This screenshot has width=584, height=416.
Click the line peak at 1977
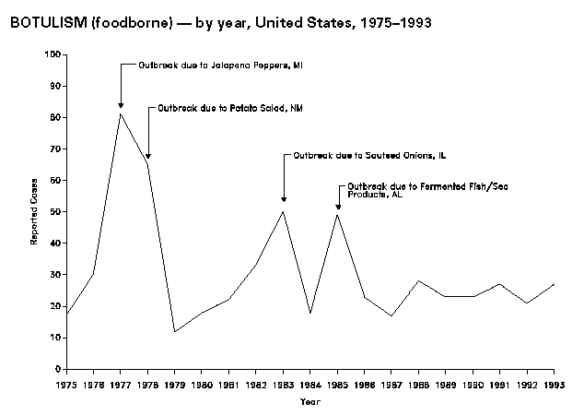pos(121,113)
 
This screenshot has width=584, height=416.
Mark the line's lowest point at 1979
pos(175,331)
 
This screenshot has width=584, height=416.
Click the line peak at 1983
pos(283,211)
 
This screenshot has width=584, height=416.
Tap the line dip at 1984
pos(310,313)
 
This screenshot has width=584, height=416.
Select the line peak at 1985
pos(337,214)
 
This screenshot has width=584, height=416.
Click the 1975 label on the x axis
pos(66,382)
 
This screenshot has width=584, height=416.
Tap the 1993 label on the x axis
pos(553,382)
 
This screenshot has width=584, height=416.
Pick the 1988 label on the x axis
pos(418,382)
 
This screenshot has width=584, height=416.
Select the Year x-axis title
pos(310,401)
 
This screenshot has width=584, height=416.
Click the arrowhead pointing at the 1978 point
pos(147,157)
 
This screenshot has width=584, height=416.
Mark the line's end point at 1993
pos(553,284)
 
